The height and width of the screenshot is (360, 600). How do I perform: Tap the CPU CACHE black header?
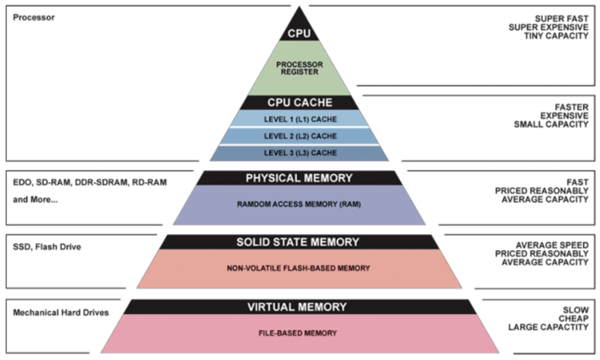click(x=299, y=102)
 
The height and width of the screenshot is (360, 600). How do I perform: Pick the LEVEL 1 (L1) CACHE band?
click(x=299, y=119)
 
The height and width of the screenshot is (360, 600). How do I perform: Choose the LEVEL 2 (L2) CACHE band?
click(x=299, y=135)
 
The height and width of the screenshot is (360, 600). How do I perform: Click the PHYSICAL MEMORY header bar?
click(x=299, y=178)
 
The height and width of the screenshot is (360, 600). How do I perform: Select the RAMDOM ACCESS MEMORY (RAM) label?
click(x=299, y=204)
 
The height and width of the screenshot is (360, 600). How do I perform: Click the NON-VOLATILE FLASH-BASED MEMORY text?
click(x=299, y=267)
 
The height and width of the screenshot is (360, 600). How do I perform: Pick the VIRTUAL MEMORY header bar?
click(x=299, y=306)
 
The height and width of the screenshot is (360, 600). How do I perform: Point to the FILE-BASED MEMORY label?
click(x=299, y=334)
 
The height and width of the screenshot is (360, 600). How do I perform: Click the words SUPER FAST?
click(x=560, y=19)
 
